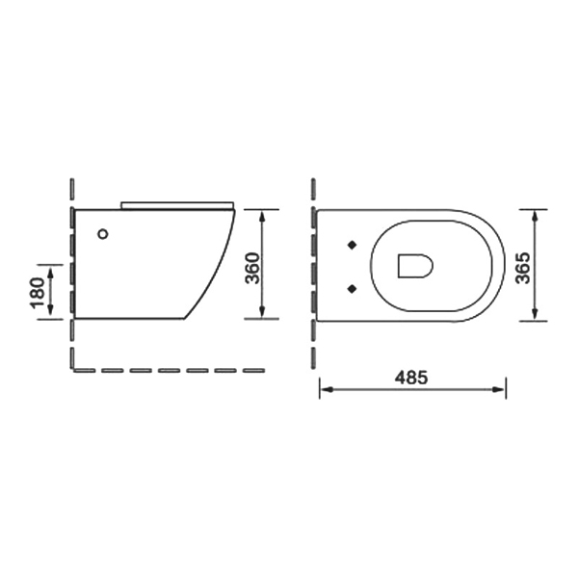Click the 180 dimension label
pos(38,293)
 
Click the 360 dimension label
pos(252,268)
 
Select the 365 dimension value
pos(522,268)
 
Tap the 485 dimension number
pos(411,377)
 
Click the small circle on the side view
pos(103,234)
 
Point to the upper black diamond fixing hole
pos(353,245)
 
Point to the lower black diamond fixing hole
pos(353,289)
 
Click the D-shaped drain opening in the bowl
pos(415,266)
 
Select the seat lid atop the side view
pos(177,205)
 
